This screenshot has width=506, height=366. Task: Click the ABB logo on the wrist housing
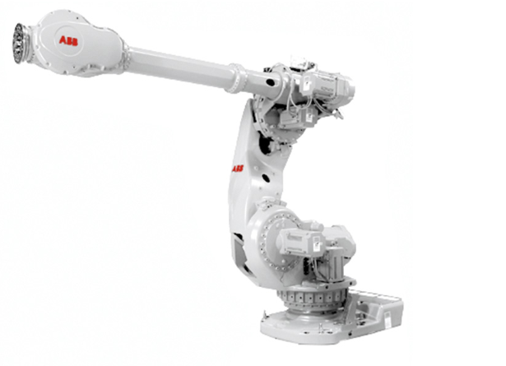coord(68,41)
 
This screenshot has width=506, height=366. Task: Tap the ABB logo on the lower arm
coord(238,169)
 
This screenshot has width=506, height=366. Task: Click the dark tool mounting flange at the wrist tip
coord(20,43)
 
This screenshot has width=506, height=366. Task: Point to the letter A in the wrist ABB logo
coord(63,39)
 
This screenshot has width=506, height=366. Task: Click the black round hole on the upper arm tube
coord(269,82)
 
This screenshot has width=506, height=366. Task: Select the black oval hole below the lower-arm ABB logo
coord(266,178)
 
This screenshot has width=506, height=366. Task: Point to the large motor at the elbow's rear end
coord(326,85)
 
